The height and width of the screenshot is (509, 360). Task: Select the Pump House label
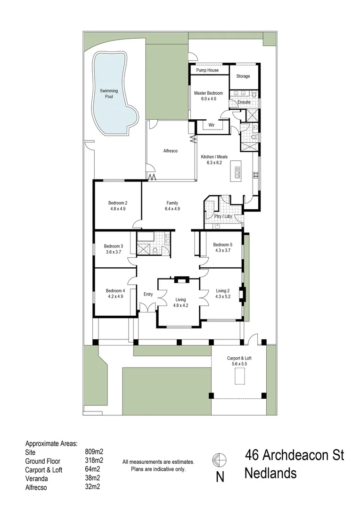(207, 70)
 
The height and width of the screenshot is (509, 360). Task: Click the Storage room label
(243, 76)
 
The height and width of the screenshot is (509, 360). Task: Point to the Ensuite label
(244, 102)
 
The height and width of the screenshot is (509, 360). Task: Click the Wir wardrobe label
(212, 125)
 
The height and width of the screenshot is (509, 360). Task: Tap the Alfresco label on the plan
(170, 151)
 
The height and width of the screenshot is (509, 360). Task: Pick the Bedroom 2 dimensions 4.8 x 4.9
(118, 208)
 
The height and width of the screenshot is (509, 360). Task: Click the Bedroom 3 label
(114, 246)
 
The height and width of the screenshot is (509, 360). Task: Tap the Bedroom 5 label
(222, 245)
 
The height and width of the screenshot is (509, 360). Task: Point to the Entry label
(148, 295)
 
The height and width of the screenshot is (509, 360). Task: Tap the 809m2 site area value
(94, 452)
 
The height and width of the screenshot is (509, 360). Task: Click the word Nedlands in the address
(270, 473)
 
